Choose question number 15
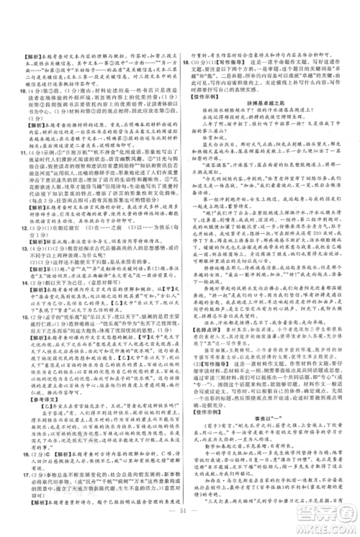pyautogui.click(x=15, y=314)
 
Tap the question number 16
pyautogui.click(x=15, y=455)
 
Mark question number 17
pyautogui.click(x=15, y=474)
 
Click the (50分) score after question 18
pyautogui.click(x=200, y=63)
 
